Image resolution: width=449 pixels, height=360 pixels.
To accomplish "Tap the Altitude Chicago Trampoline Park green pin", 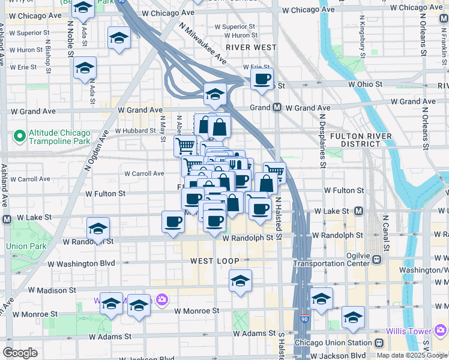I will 20,137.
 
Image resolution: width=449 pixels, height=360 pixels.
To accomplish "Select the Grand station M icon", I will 277,108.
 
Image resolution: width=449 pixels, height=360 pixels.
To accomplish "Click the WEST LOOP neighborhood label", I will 215,261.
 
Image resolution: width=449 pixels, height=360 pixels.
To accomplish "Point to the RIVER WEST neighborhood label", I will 251,47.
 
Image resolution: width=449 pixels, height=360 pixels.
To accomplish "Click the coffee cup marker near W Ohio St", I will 262,79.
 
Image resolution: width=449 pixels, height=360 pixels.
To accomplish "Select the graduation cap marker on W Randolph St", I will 98,229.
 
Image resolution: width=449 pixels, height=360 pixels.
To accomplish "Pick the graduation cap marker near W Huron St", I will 119,38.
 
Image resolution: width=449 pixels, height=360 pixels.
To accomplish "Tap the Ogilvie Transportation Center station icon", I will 376,260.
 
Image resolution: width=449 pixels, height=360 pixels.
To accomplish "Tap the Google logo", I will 20,353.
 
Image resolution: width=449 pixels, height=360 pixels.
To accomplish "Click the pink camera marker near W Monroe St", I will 161,299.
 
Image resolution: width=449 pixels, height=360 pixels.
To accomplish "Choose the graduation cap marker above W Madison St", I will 240,281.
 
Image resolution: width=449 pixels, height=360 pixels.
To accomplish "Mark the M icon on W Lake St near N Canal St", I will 358,211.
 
